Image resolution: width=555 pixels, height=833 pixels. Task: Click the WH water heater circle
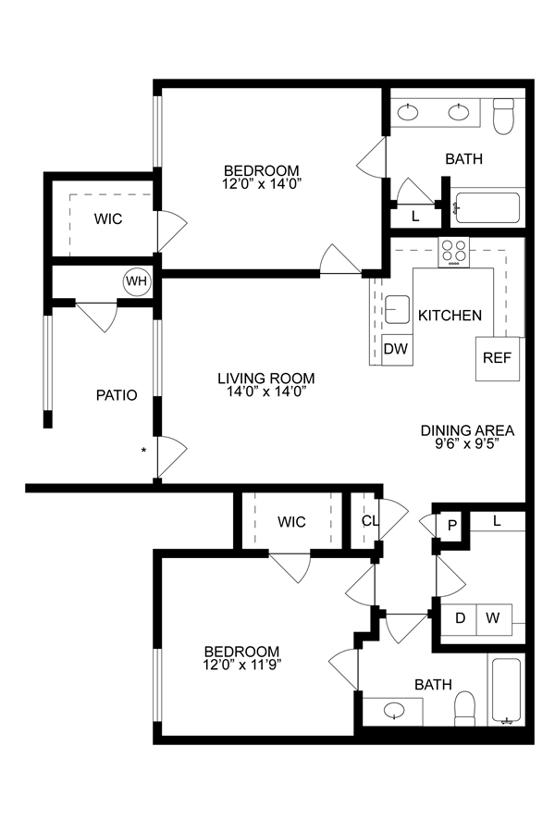click(x=137, y=280)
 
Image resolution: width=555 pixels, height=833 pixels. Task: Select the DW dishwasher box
click(x=396, y=349)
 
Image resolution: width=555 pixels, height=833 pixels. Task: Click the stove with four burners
click(x=453, y=251)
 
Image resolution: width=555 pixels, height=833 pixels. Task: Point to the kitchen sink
click(x=398, y=309)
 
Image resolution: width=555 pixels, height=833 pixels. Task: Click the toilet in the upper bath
click(x=503, y=118)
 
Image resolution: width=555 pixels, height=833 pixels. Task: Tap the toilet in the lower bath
click(x=464, y=710)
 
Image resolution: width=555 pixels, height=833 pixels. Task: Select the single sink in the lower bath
click(x=395, y=712)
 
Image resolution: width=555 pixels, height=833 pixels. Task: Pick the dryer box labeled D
click(x=459, y=617)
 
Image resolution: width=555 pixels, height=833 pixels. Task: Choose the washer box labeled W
click(x=493, y=617)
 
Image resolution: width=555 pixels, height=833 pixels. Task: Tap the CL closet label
click(x=369, y=521)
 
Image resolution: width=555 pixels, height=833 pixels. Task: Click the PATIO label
click(x=117, y=395)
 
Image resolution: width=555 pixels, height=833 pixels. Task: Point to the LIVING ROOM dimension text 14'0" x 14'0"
click(x=266, y=392)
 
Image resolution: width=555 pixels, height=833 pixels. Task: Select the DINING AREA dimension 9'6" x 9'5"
click(x=467, y=443)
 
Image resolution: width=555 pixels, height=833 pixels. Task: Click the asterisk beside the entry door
click(x=142, y=451)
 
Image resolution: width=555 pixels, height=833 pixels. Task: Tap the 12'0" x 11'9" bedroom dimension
click(x=242, y=664)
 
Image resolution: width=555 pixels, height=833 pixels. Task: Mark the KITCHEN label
click(x=450, y=316)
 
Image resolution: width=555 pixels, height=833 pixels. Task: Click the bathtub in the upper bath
click(x=488, y=210)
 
